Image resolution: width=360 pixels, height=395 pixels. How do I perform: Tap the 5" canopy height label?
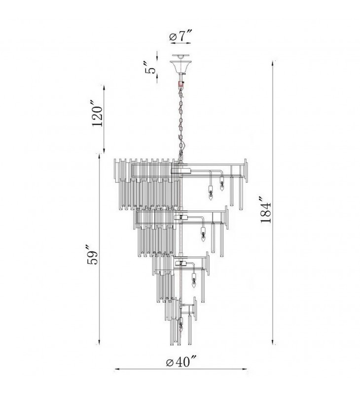pos(150,67)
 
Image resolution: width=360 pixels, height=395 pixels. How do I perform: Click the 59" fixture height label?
pos(92,254)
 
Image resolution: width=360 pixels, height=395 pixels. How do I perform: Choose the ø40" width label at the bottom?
pos(181,362)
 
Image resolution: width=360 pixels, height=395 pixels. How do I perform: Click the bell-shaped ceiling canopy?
pos(180,66)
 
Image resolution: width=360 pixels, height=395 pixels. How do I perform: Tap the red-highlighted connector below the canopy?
pos(180,84)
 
